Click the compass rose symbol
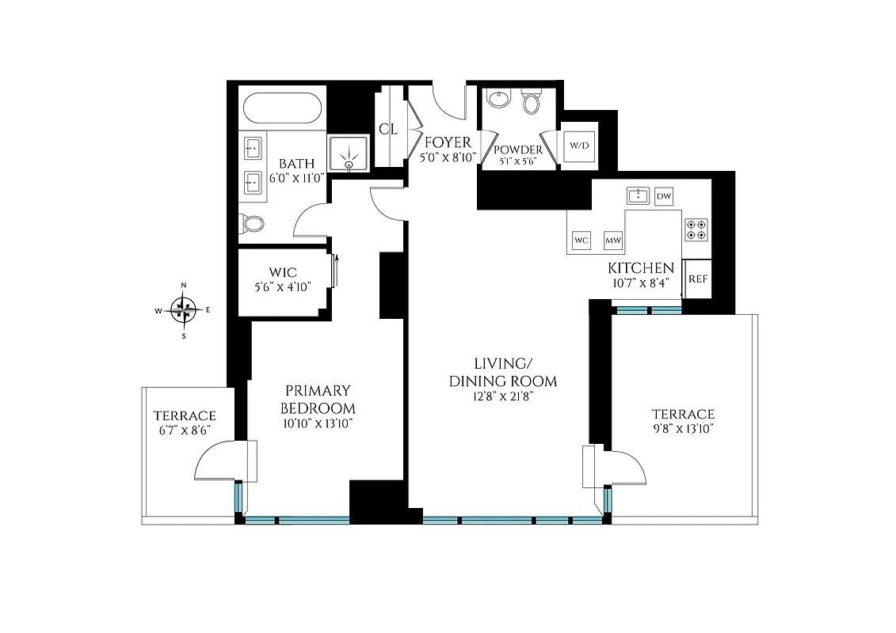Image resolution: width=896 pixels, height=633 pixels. (x=184, y=310)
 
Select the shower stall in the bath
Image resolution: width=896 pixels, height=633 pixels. (x=349, y=152)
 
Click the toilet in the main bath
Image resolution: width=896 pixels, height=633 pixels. (x=253, y=224)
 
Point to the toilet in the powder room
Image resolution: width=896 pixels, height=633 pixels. (x=532, y=102)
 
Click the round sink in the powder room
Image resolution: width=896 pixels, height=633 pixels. (x=499, y=100)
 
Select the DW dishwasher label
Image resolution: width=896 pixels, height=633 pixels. (x=664, y=195)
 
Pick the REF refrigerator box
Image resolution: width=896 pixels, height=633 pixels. (x=698, y=279)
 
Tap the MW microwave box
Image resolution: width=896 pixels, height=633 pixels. (x=612, y=240)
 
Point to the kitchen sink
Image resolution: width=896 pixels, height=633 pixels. (x=638, y=195)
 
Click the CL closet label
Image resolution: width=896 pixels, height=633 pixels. (x=388, y=129)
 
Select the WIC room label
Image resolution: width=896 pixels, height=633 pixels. (x=283, y=273)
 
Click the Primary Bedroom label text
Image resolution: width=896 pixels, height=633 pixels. (x=318, y=400)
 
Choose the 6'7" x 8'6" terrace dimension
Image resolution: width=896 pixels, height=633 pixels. (x=185, y=430)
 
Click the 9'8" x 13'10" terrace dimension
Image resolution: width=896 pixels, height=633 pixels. (x=683, y=429)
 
